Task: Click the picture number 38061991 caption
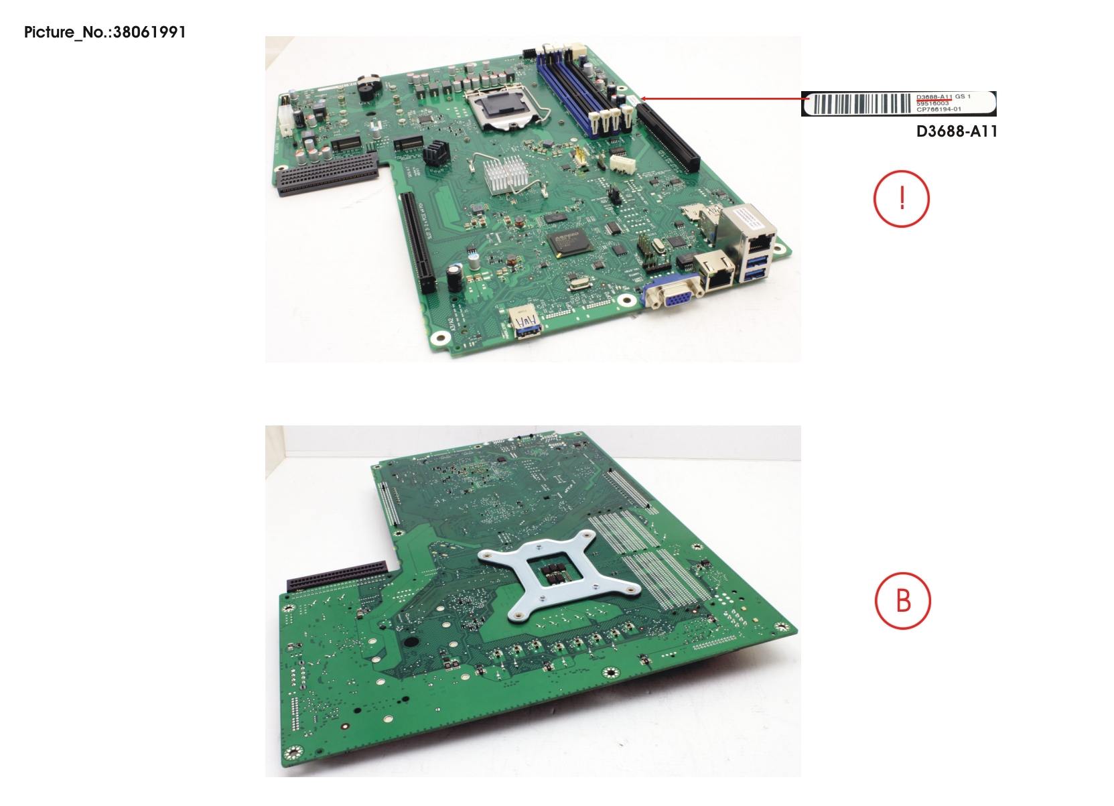coord(105,32)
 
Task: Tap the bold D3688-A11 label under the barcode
coord(956,131)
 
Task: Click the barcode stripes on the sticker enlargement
coord(861,104)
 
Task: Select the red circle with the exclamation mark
coord(902,199)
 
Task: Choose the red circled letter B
coord(903,600)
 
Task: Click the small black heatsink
coord(435,153)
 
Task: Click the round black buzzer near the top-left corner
coord(366,88)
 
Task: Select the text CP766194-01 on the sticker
coord(938,109)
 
